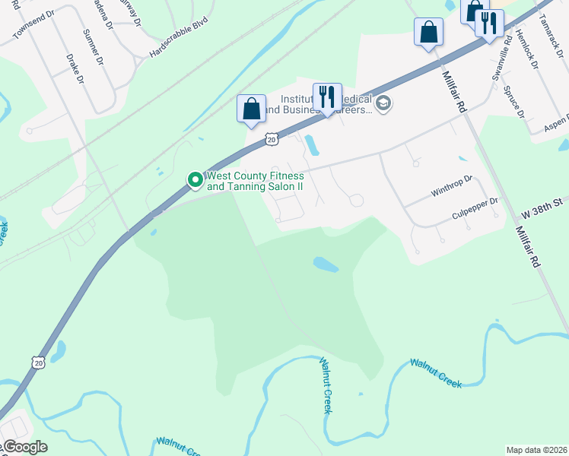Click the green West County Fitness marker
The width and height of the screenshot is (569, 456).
tap(195, 180)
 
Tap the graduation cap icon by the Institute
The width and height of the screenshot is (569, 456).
tap(383, 103)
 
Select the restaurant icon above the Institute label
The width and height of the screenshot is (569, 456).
tap(327, 97)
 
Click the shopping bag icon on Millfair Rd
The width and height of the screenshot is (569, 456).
tap(428, 33)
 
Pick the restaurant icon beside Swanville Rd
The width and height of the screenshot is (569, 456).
tap(488, 23)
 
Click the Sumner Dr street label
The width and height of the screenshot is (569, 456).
tap(96, 47)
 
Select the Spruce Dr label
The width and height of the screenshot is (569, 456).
tap(514, 102)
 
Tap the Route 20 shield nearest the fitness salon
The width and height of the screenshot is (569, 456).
tap(272, 139)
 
